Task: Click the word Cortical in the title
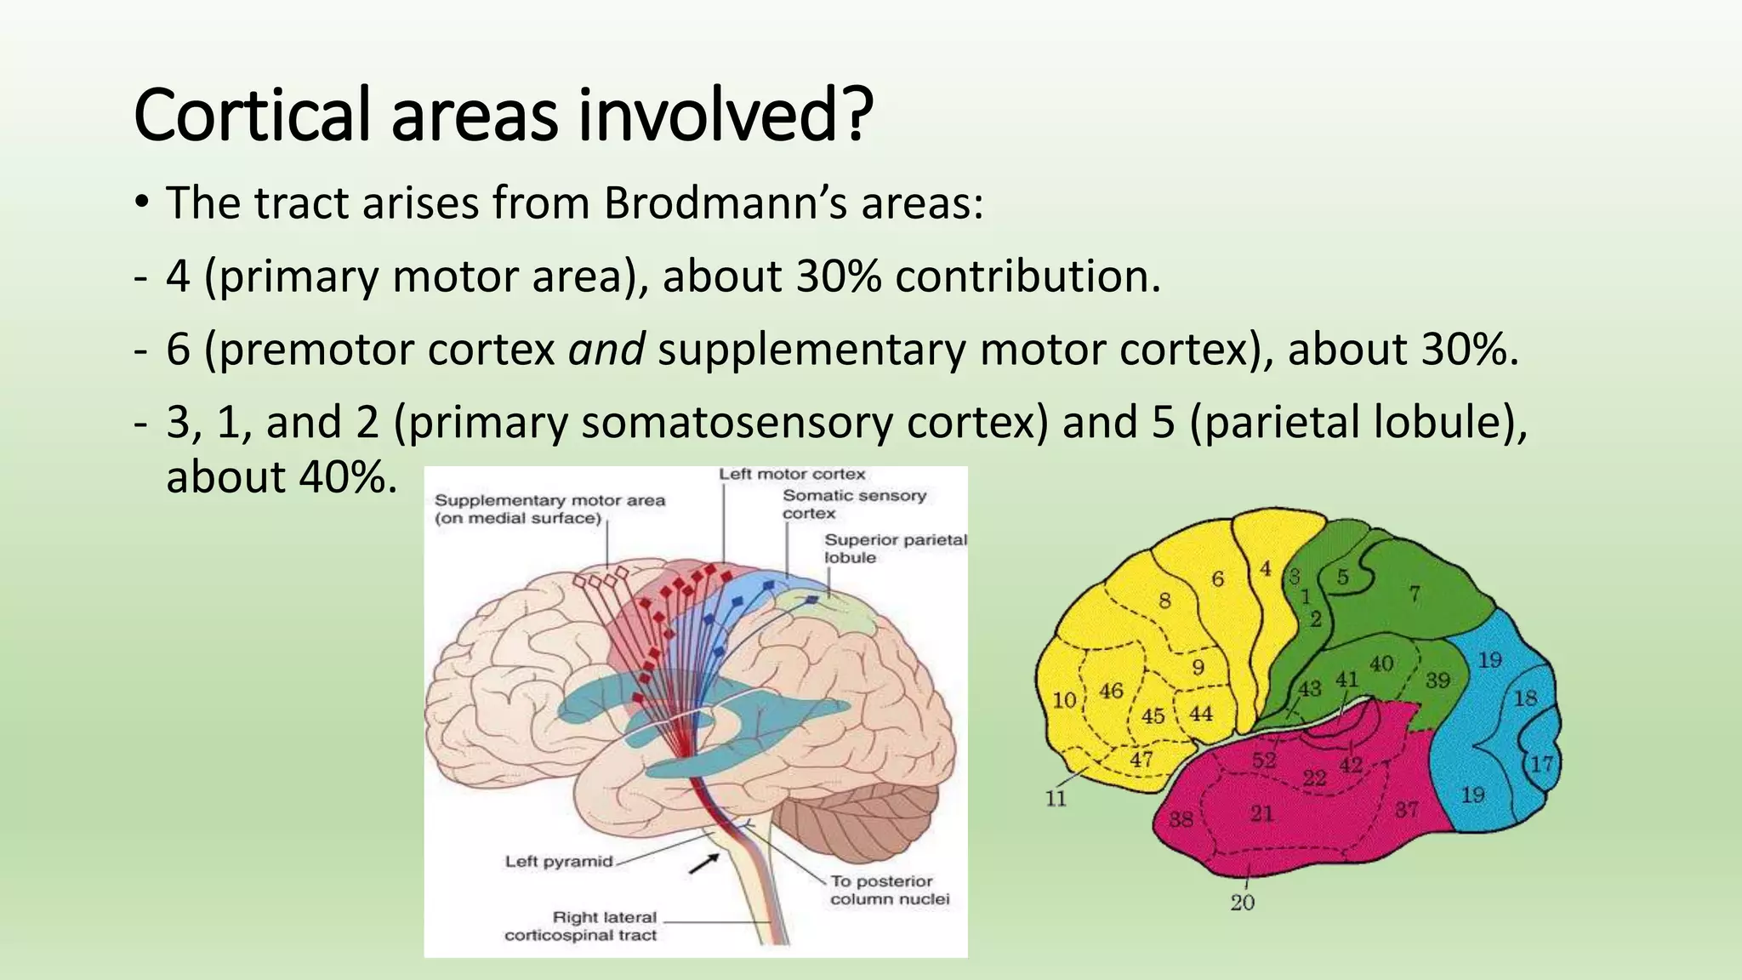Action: coord(252,115)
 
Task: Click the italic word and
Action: coord(606,350)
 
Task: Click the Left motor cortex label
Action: coord(791,475)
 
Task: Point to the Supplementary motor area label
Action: coord(549,509)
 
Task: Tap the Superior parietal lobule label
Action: coord(895,549)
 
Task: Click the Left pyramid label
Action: coord(558,861)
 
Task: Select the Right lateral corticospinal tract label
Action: coord(581,926)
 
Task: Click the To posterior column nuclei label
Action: coord(889,890)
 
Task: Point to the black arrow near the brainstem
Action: coord(703,864)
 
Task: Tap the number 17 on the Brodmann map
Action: coord(1542,763)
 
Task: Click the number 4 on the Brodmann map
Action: coord(1266,568)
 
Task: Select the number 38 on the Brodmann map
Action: coord(1180,819)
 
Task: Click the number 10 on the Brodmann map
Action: coord(1064,700)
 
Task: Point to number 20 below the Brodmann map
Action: coord(1243,903)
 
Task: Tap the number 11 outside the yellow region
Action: coord(1056,798)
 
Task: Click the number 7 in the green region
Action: coord(1414,593)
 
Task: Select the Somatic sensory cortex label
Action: coord(853,504)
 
